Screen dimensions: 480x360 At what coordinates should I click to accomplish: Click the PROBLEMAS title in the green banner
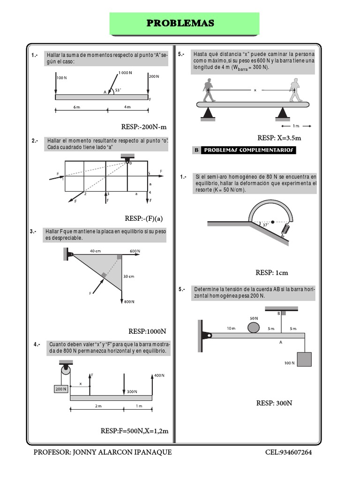pyautogui.click(x=180, y=23)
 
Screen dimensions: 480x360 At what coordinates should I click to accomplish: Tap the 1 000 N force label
pyautogui.click(x=125, y=73)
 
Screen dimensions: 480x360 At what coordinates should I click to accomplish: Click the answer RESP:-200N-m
pyautogui.click(x=144, y=127)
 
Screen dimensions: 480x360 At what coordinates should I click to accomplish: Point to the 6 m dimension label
pyautogui.click(x=77, y=107)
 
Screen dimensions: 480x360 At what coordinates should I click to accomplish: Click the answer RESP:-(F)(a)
pyautogui.click(x=146, y=218)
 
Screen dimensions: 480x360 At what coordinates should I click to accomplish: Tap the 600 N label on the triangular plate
pyautogui.click(x=135, y=251)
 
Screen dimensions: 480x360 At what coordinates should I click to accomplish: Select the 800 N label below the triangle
pyautogui.click(x=130, y=301)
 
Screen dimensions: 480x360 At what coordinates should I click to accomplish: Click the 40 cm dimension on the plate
pyautogui.click(x=95, y=251)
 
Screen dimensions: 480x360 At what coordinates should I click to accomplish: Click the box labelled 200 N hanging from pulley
pyautogui.click(x=60, y=389)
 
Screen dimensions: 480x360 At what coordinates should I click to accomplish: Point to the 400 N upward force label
pyautogui.click(x=160, y=375)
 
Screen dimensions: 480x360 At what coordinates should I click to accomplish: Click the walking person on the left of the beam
pyautogui.click(x=208, y=90)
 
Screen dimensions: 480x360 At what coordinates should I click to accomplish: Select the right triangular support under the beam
pyautogui.click(x=283, y=113)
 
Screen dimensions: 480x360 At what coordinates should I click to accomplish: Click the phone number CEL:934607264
pyautogui.click(x=288, y=452)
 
